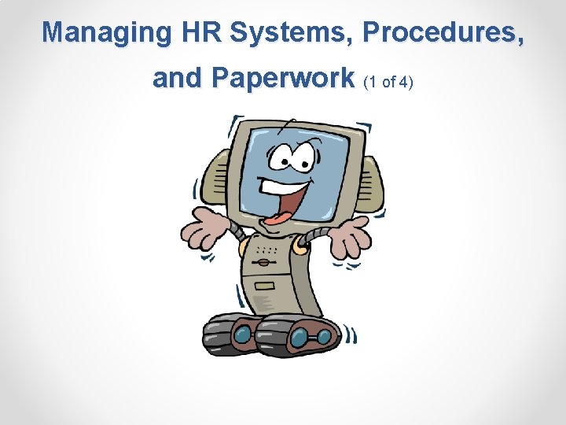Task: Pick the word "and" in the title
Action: (x=177, y=78)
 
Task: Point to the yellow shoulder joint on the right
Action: (x=300, y=248)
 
